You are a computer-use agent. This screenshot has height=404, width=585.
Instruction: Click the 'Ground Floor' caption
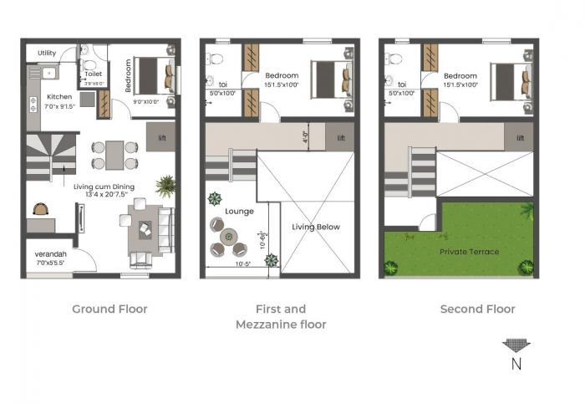109,309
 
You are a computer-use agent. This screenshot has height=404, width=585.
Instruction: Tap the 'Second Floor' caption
477,309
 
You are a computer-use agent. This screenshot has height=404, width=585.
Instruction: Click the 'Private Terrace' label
469,251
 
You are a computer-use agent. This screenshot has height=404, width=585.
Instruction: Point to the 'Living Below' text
314,227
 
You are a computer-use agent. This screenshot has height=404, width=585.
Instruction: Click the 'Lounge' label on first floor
239,212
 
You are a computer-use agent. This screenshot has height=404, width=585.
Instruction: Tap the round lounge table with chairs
233,238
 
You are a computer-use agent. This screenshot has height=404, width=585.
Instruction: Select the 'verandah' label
51,254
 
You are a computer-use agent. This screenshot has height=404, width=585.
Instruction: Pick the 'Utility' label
47,54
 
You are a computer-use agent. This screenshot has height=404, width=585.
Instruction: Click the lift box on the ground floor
160,137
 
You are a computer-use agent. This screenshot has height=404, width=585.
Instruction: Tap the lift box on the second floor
520,138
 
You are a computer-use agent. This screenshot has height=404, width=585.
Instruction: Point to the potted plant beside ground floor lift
165,185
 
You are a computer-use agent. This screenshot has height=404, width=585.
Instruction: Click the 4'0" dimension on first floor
306,135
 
